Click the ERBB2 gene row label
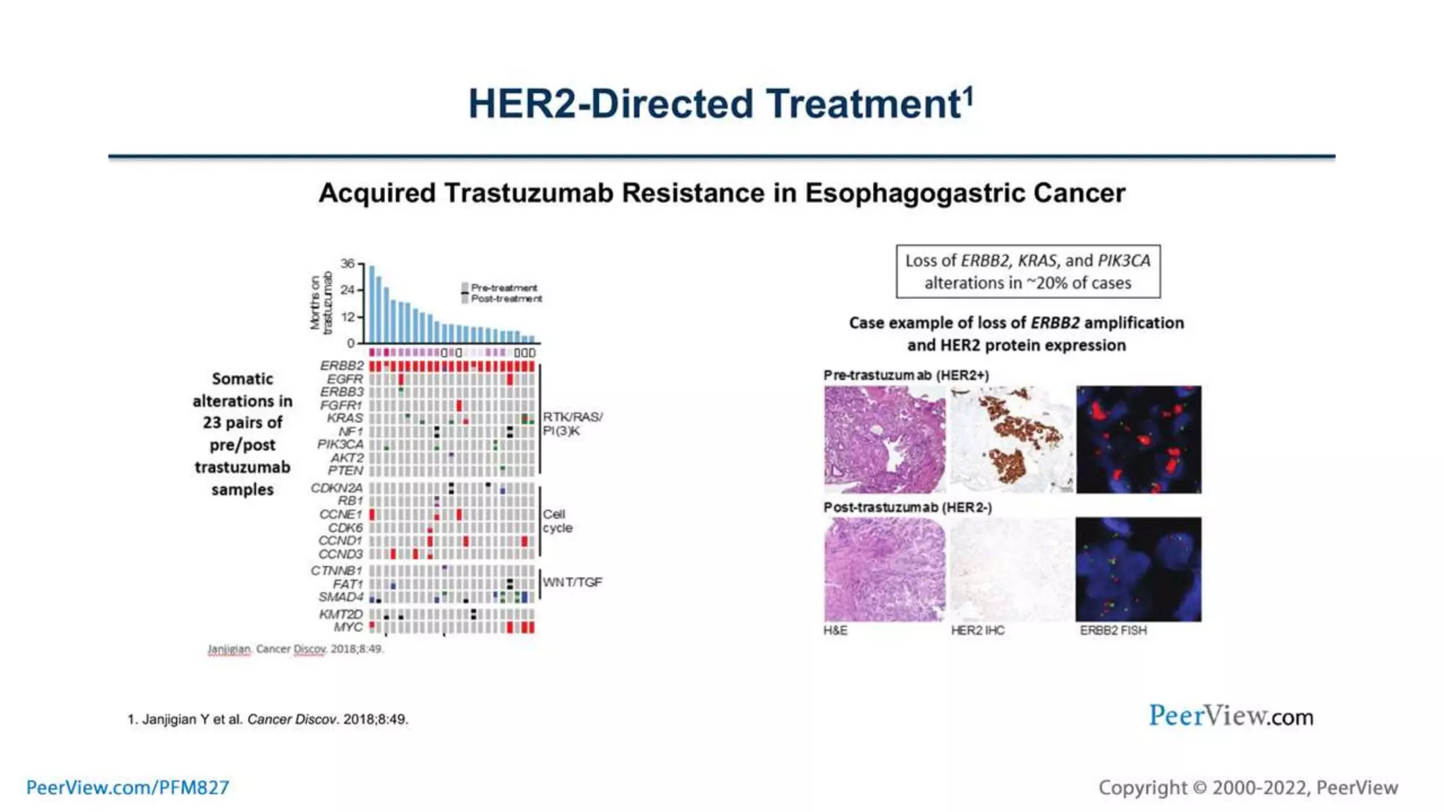click(x=341, y=366)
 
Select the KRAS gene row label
click(x=344, y=418)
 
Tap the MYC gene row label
click(x=348, y=627)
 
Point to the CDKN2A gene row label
click(x=336, y=488)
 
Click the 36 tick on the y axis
click(x=348, y=264)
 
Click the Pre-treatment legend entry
click(x=503, y=288)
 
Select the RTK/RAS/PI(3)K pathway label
click(x=572, y=424)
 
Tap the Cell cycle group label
click(x=557, y=521)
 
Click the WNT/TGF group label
click(x=572, y=582)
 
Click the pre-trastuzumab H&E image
click(x=884, y=439)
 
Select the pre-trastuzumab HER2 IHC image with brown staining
click(x=1011, y=439)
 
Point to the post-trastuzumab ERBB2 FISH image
click(x=1138, y=570)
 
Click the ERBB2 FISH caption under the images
click(x=1113, y=631)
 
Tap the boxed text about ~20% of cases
click(x=1027, y=271)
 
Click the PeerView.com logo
click(x=1230, y=716)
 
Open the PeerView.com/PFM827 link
click(x=128, y=787)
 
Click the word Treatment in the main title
click(x=864, y=104)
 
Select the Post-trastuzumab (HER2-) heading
click(x=907, y=508)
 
